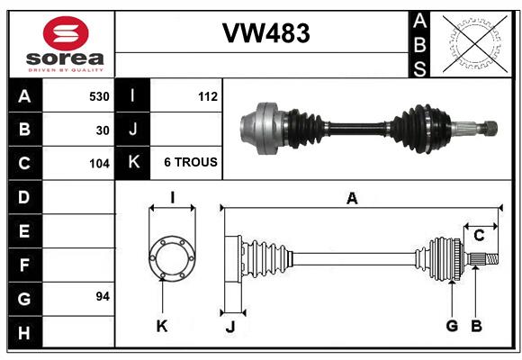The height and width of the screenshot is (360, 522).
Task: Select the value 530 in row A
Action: [x=98, y=96]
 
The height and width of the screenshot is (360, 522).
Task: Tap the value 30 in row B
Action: [x=103, y=130]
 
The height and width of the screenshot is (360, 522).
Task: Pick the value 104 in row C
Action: [x=98, y=164]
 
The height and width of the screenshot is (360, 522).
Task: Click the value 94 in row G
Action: [x=103, y=296]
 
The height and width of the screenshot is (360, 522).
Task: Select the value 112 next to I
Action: [x=207, y=96]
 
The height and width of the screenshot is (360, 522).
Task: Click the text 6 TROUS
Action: [x=190, y=163]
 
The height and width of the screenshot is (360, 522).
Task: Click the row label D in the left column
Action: [x=24, y=197]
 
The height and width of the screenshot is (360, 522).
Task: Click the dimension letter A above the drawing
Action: [x=352, y=198]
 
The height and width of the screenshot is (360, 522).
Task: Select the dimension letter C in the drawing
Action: [x=479, y=236]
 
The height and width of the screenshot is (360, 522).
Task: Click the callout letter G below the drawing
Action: [x=452, y=325]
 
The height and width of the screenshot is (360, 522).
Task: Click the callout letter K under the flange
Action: [x=161, y=326]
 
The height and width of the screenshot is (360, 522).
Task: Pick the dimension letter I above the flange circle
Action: [x=171, y=197]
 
